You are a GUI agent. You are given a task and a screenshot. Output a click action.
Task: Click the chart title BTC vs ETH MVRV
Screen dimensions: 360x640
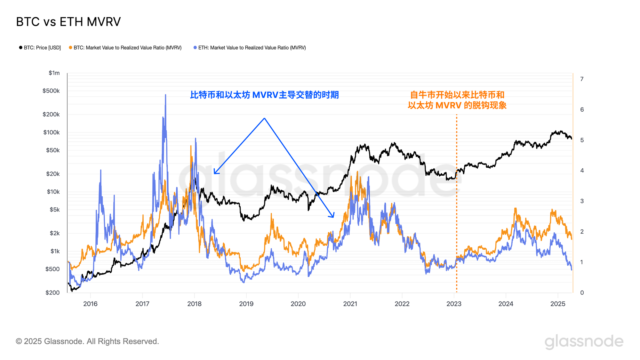(x=68, y=22)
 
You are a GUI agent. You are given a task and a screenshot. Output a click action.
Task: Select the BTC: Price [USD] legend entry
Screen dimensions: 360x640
(x=40, y=48)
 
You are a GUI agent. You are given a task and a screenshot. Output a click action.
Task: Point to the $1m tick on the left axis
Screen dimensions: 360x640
(x=54, y=73)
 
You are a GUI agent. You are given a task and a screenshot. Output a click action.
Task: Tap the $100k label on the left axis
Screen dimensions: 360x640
(x=52, y=132)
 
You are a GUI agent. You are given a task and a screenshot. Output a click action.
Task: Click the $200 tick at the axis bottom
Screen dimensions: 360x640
(x=52, y=292)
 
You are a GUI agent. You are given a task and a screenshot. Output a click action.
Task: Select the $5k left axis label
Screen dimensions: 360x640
(x=54, y=210)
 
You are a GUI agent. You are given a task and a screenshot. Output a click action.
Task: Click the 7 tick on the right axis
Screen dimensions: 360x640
(x=582, y=79)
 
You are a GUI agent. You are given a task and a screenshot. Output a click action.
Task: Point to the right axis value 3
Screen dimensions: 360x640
(x=582, y=201)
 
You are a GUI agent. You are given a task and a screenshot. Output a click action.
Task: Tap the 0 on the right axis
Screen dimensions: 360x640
(x=582, y=292)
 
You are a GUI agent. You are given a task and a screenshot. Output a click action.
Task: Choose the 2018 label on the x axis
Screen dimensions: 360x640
(x=194, y=304)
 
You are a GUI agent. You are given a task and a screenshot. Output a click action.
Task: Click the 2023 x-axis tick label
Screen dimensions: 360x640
(x=454, y=304)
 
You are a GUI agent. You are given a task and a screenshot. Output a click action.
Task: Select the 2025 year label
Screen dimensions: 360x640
(x=558, y=304)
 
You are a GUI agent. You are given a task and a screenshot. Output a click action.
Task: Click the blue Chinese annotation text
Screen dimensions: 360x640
(x=264, y=95)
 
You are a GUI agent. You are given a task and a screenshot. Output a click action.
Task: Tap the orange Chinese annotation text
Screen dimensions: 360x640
(x=457, y=100)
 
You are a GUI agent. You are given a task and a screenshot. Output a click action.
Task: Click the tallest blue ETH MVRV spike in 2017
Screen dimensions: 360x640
(x=165, y=95)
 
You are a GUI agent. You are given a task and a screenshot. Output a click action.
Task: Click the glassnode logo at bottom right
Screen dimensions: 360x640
(x=584, y=341)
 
